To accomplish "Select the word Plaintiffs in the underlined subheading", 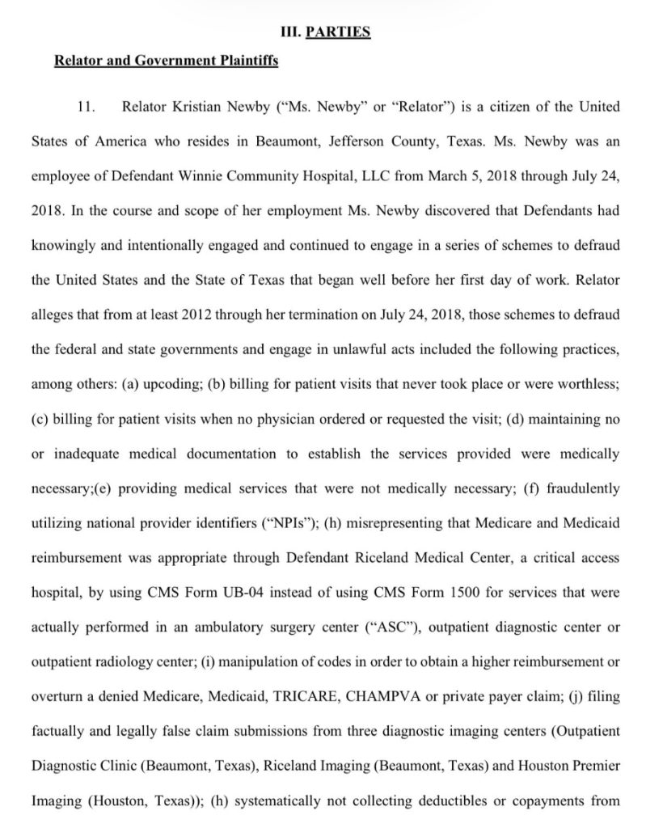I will pyautogui.click(x=243, y=61).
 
